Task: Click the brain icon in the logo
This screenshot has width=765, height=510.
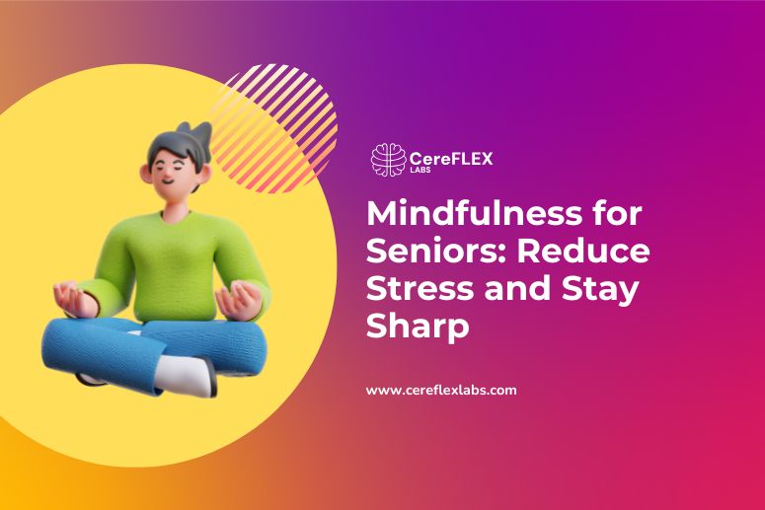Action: (388, 160)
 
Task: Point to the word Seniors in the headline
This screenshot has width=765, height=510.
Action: (426, 252)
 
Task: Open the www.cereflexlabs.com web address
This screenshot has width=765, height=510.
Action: (441, 390)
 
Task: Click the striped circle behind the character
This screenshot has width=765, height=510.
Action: (286, 118)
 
